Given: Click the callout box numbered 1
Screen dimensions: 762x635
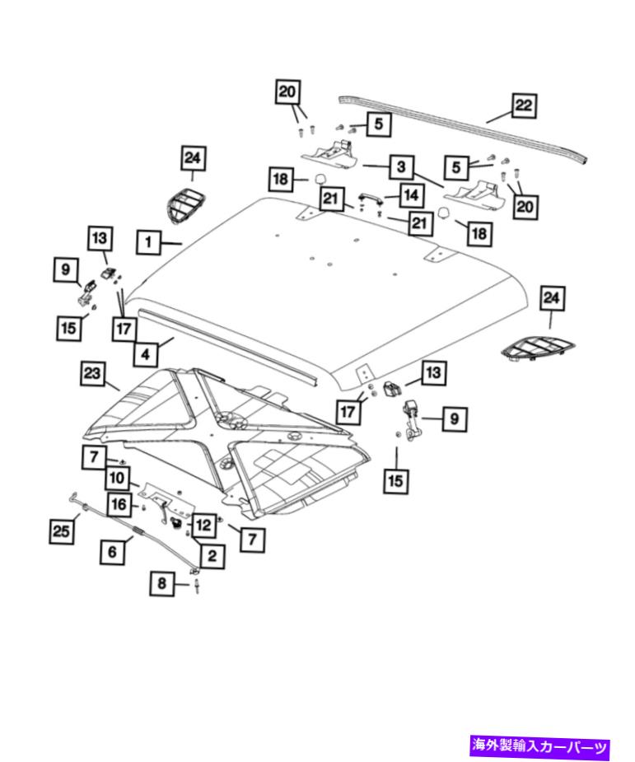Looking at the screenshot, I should coord(148,242).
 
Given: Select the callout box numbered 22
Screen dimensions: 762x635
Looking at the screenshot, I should coord(524,106).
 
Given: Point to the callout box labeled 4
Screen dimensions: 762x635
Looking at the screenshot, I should coord(145,355).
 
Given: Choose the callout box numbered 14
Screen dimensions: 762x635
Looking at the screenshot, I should coord(411,195).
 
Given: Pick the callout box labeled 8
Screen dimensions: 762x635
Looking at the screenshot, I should coord(162,585).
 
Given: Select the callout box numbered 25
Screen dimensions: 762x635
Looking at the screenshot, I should coord(61,531).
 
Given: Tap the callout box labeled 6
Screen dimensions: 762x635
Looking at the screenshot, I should coord(113,552).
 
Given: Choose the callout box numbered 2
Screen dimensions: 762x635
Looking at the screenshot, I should coord(212,556).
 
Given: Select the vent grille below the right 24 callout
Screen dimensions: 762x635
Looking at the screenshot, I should coord(537,348).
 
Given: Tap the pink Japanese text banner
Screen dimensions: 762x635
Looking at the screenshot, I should coord(539,747).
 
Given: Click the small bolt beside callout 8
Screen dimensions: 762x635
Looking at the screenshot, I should coord(198,586).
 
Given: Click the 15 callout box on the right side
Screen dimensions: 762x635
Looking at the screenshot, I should coord(396,480).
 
